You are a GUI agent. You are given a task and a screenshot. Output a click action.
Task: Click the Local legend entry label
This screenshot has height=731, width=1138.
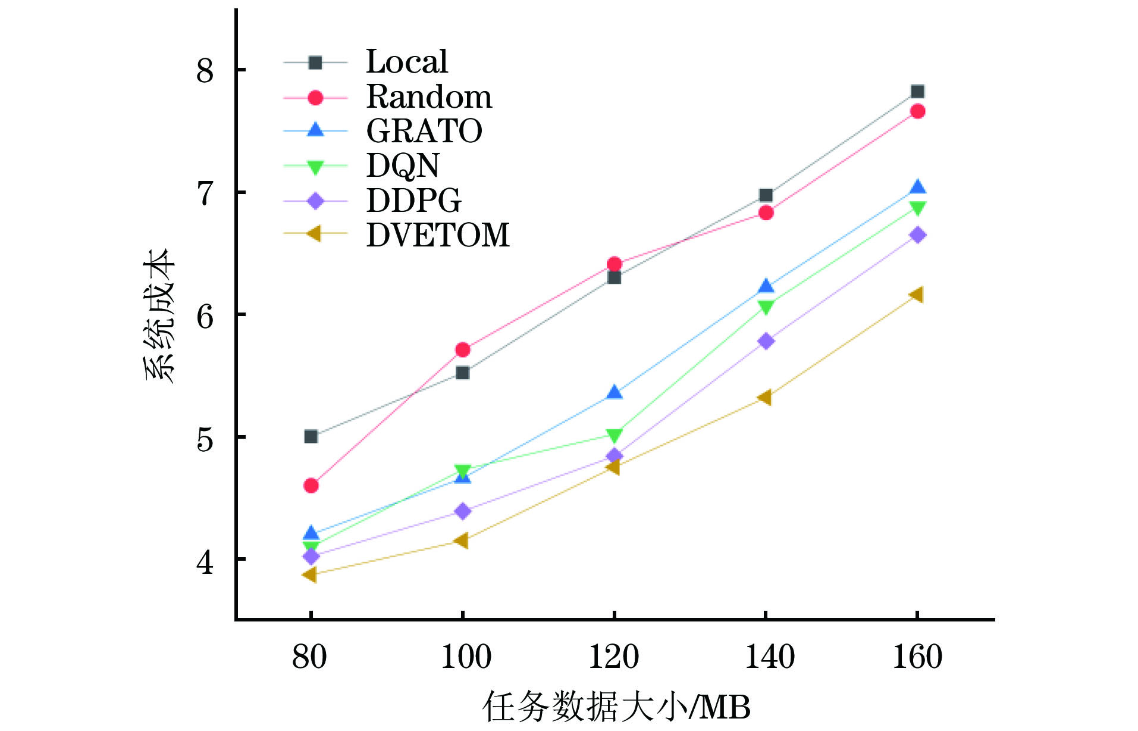(407, 61)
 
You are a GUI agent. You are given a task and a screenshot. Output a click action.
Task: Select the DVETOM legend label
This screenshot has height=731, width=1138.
(438, 235)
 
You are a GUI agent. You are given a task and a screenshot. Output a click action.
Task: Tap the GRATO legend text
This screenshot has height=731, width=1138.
(424, 131)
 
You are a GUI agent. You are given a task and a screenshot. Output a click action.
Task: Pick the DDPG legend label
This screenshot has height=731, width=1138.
(413, 201)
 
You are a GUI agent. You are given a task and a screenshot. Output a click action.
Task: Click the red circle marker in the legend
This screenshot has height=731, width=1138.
(315, 98)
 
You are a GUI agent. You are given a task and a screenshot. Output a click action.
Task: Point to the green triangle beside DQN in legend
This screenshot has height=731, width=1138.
(315, 167)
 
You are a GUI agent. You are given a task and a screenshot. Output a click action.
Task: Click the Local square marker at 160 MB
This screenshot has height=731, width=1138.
(917, 92)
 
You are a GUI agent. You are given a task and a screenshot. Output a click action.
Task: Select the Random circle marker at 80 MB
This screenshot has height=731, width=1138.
(311, 486)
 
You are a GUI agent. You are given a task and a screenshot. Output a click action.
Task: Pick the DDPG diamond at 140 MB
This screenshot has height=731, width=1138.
(766, 341)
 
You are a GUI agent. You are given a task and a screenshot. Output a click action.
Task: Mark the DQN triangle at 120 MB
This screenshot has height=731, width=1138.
(615, 435)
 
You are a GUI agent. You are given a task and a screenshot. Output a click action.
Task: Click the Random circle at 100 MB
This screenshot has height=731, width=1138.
(463, 349)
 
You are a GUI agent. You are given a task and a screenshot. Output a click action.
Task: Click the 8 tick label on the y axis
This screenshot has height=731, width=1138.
(205, 71)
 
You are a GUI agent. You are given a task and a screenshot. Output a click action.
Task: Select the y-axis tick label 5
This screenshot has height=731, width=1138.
(205, 439)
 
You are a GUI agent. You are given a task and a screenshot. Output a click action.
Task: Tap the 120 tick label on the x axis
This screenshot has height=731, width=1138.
(613, 657)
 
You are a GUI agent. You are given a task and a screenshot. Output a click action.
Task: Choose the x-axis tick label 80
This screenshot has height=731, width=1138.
(309, 657)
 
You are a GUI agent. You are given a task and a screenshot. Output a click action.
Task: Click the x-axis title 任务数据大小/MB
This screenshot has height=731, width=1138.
(616, 707)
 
